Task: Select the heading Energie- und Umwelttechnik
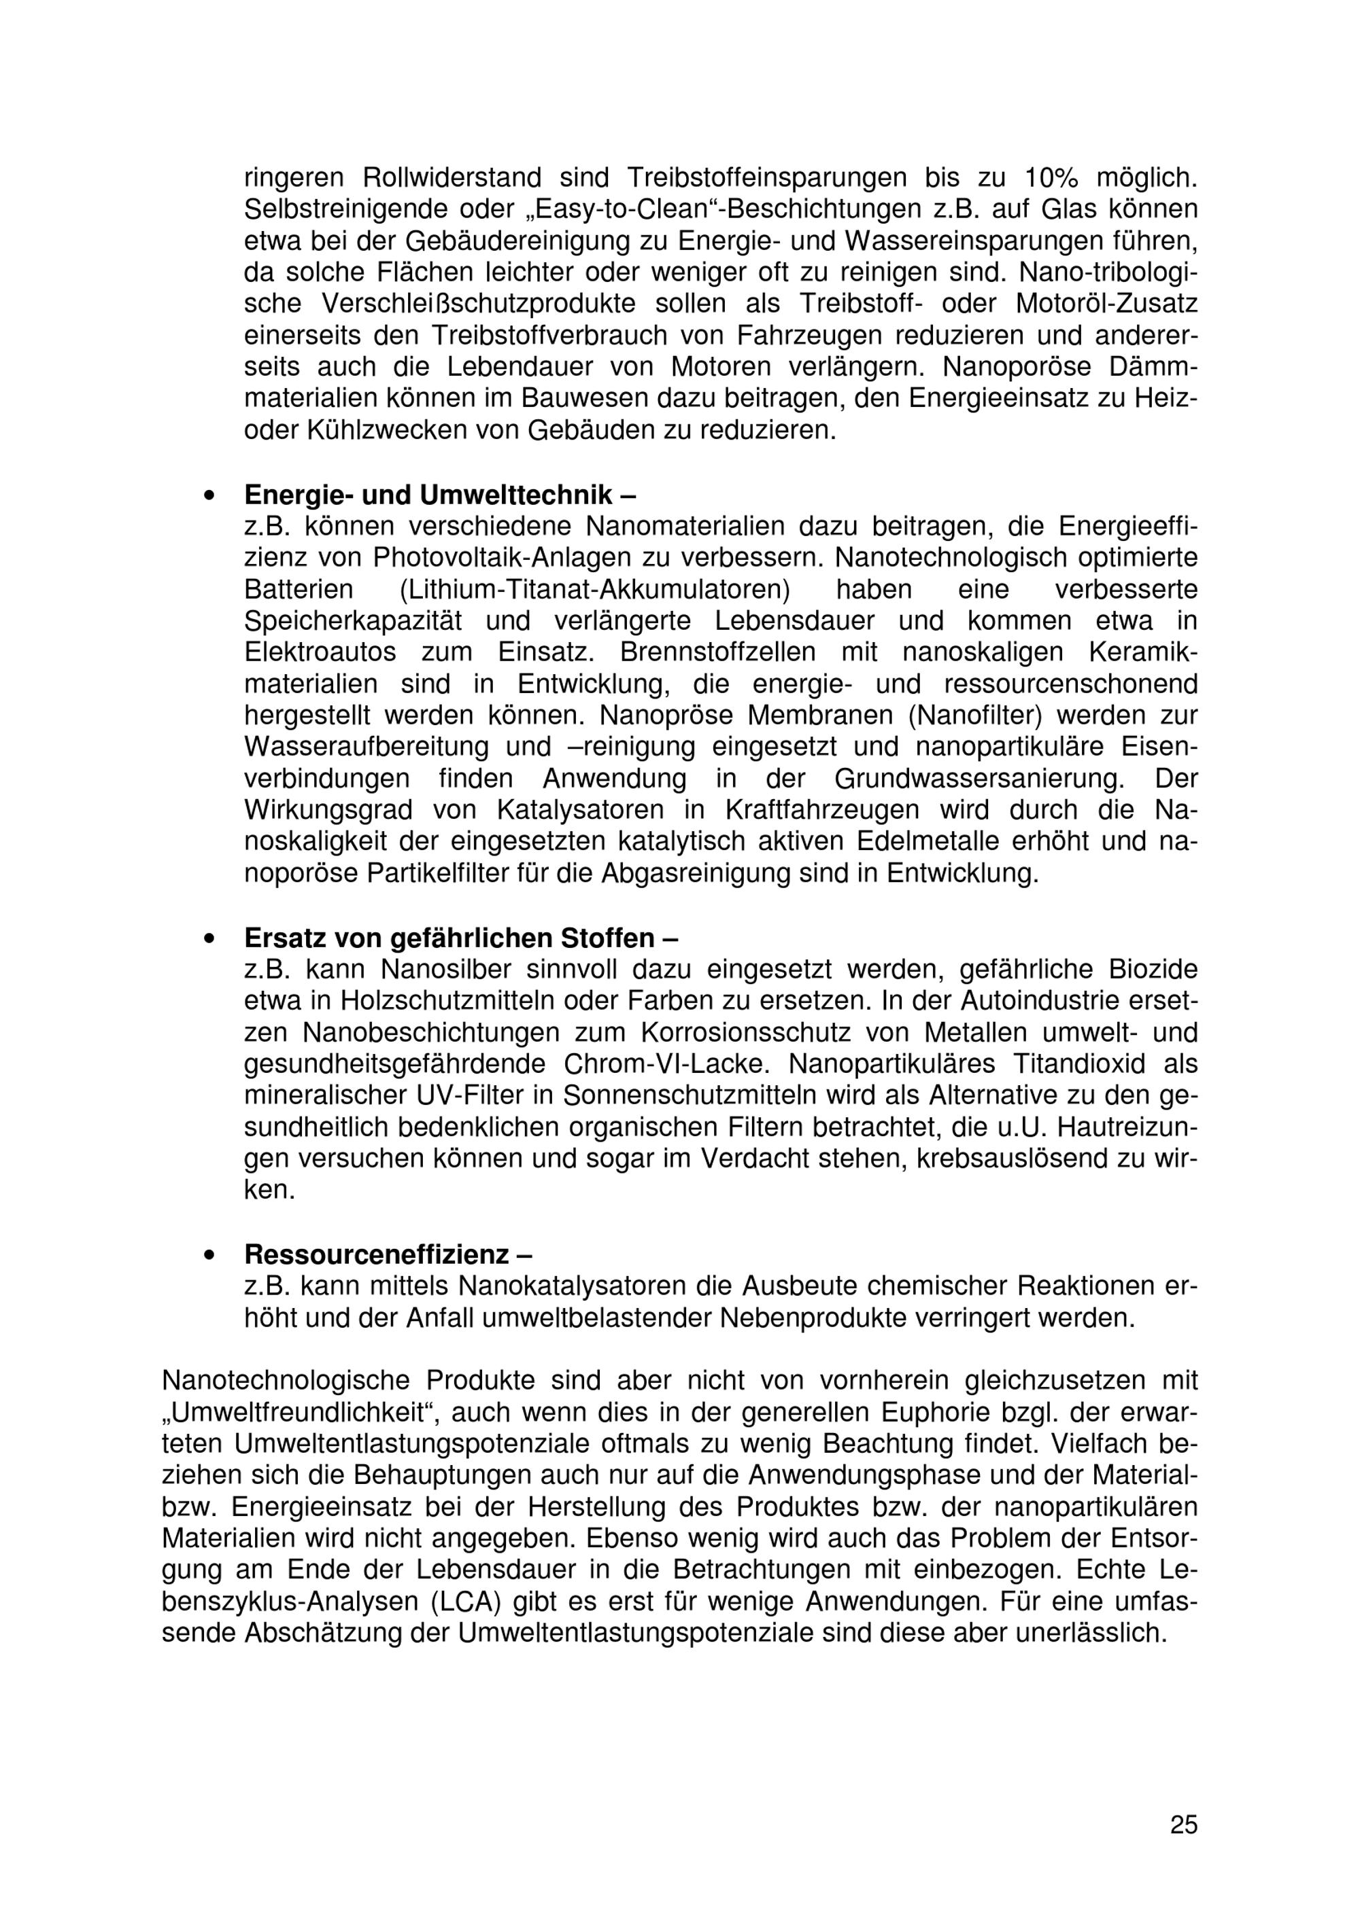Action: (x=439, y=495)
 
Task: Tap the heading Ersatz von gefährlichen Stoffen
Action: (x=461, y=937)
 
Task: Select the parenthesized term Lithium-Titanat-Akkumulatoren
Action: (x=596, y=590)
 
